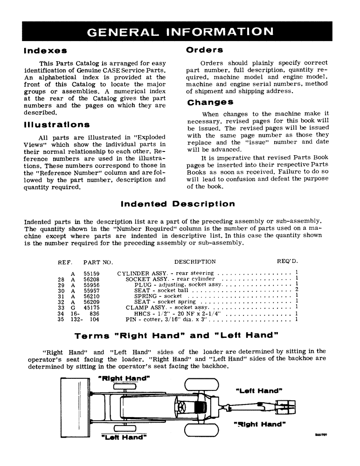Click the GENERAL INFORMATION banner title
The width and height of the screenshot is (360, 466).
(180, 32)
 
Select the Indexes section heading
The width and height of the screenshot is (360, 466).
(45, 50)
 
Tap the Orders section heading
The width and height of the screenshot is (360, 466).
(204, 49)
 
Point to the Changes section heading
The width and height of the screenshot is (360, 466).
(210, 102)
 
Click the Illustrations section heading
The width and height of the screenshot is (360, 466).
(56, 124)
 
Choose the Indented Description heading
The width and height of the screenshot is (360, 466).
(178, 204)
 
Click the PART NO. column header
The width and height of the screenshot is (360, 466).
(98, 262)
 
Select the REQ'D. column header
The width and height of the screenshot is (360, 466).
(287, 261)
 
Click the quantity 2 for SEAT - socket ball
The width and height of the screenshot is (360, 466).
(297, 290)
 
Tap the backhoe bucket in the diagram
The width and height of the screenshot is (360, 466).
(285, 408)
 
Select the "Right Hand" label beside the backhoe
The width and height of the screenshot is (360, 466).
(259, 425)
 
